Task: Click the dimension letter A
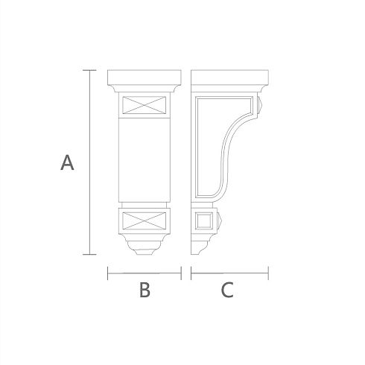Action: coord(67,162)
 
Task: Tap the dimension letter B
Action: coord(145,290)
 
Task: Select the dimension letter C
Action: coord(227,290)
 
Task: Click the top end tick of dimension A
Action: coord(89,70)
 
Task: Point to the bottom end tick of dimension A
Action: coord(89,254)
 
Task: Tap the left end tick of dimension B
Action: coord(107,273)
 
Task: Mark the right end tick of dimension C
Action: coord(268,273)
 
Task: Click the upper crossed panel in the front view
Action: coord(145,105)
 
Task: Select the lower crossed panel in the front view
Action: coord(145,220)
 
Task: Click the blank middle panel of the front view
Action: coord(145,160)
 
